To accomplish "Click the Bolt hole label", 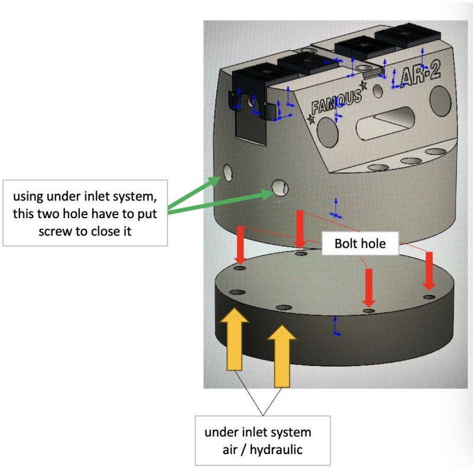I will (359, 243).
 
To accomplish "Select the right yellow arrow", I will (282, 355).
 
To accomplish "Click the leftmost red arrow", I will (240, 244).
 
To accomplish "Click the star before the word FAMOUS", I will (311, 119).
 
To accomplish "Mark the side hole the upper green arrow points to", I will (227, 172).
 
